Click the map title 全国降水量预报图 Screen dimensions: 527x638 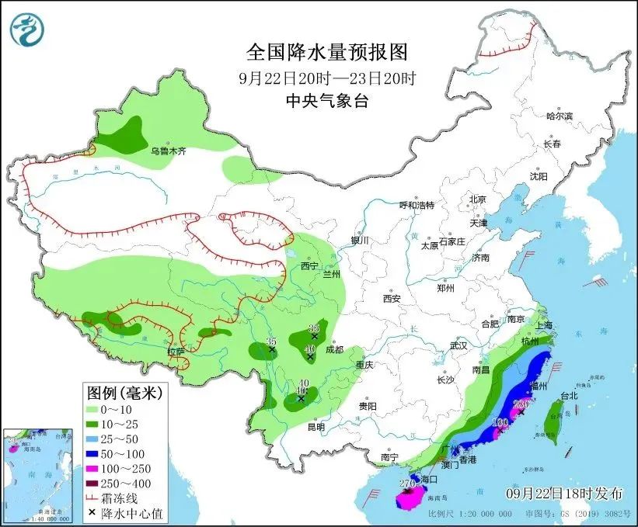click(326, 52)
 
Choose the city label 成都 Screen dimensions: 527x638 click(334, 349)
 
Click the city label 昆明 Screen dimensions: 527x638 click(316, 427)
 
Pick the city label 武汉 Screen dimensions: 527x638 click(458, 345)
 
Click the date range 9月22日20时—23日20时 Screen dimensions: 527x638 click(326, 78)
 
